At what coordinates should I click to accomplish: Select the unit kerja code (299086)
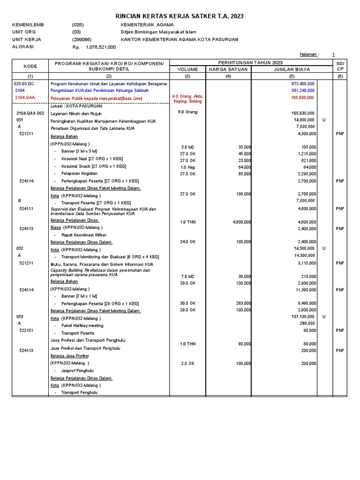pos(82,39)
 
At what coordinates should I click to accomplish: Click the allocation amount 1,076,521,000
pos(100,47)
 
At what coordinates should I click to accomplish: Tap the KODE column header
pos(30,66)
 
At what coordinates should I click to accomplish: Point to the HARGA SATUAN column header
pos(228,69)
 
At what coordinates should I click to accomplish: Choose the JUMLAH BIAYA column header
pos(292,69)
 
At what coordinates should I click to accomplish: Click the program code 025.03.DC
pos(24,83)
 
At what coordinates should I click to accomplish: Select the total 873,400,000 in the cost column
pos(303,83)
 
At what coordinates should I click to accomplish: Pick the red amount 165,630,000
pos(303,97)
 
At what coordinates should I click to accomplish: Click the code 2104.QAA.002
pos(30,113)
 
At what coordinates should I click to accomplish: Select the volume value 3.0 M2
pos(187,147)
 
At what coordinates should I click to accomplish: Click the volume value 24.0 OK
pos(187,242)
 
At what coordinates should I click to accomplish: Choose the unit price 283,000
pos(242,303)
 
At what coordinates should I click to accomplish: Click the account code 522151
pos(26,330)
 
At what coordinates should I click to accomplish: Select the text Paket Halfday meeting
pos(82,325)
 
